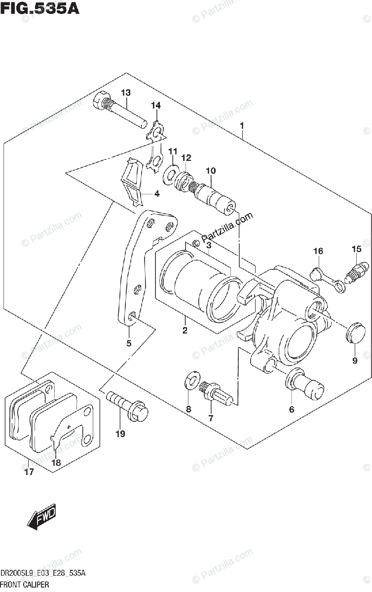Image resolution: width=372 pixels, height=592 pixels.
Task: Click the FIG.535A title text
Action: pos(40,8)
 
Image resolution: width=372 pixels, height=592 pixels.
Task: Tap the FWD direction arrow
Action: pos(42,518)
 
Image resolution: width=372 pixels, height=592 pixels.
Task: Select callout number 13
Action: pos(125,93)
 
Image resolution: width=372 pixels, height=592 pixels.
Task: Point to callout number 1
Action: pos(242,126)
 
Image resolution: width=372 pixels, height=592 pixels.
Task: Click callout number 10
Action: pos(211,171)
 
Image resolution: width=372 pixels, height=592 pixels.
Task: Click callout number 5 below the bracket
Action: pos(129,343)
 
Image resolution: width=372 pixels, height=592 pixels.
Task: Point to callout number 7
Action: pos(211,418)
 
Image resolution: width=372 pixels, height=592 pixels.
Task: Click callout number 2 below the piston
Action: pos(185,330)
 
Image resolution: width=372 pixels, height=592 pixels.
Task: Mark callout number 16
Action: pos(318,252)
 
